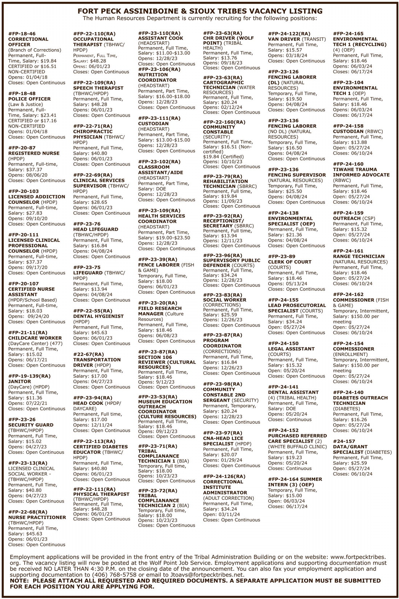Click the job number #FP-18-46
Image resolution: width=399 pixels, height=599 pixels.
click(x=22, y=34)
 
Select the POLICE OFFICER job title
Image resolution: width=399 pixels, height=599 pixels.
click(x=29, y=99)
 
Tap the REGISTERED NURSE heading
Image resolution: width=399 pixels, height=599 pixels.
click(x=34, y=153)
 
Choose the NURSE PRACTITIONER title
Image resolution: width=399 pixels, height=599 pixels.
click(x=37, y=517)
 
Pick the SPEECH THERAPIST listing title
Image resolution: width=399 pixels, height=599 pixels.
click(x=98, y=88)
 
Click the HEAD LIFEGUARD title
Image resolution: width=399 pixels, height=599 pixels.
click(x=96, y=229)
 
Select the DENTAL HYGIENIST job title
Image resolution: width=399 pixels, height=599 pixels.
click(x=98, y=316)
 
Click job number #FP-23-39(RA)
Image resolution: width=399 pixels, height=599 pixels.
click(x=158, y=259)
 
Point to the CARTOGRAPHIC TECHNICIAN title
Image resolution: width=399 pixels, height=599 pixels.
click(x=223, y=85)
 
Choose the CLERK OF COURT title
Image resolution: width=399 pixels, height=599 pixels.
click(x=290, y=262)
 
